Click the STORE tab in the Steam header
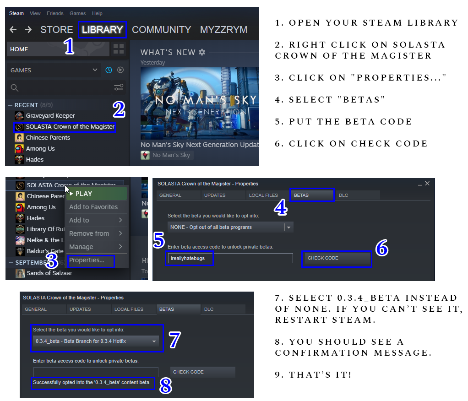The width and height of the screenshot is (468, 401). tap(56, 30)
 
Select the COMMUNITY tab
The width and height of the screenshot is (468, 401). tap(161, 30)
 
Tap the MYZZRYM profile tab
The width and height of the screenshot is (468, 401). tap(223, 30)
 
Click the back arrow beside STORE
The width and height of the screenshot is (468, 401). tap(13, 30)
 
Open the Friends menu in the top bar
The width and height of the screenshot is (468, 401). tap(55, 13)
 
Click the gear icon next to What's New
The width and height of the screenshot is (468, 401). tap(202, 52)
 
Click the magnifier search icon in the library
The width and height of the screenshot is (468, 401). tap(14, 88)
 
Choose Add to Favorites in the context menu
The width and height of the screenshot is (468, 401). tap(93, 207)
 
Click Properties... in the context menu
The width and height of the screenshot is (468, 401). tap(87, 260)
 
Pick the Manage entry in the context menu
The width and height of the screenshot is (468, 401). tap(81, 247)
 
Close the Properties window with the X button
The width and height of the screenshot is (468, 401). tap(427, 184)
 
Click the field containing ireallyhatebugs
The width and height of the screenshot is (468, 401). tap(229, 258)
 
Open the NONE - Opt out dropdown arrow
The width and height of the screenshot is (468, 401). tap(288, 228)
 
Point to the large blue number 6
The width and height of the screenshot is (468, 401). tap(382, 248)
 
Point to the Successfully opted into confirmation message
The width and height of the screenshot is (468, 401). tap(92, 383)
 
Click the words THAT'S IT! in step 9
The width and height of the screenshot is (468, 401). tap(320, 375)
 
